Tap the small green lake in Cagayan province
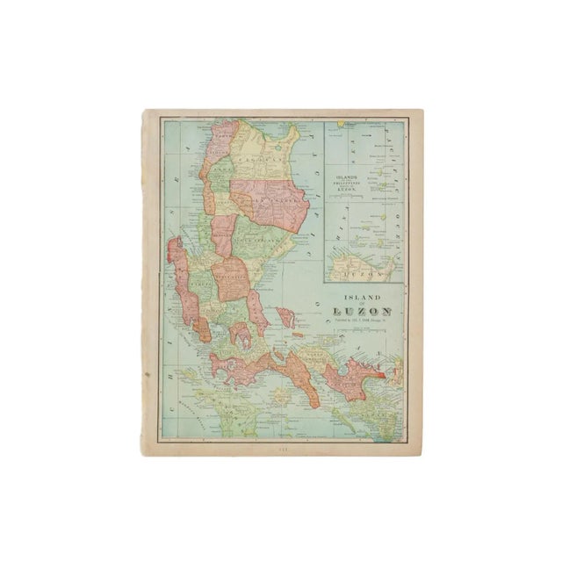click(x=261, y=151)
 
